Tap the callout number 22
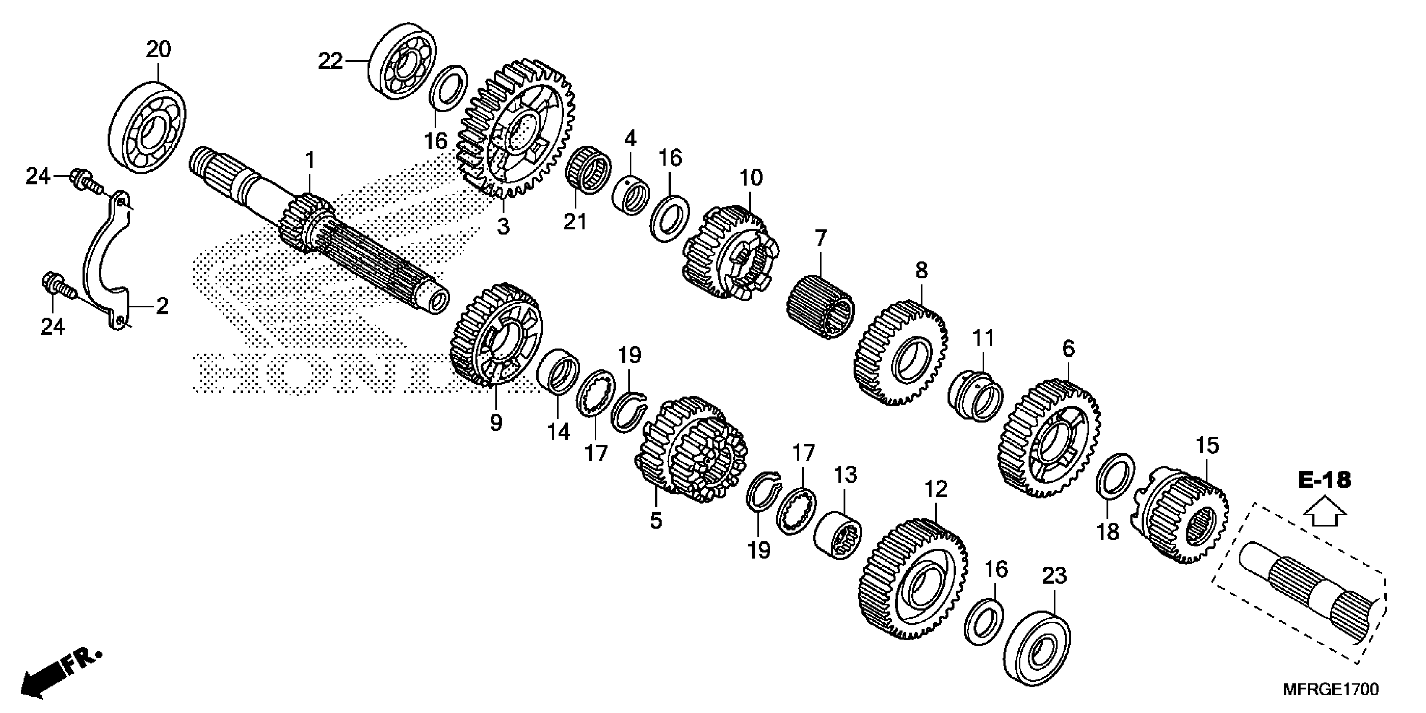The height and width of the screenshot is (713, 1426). (330, 62)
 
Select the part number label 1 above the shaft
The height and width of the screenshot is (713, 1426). (310, 161)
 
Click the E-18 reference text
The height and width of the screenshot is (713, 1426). (1324, 480)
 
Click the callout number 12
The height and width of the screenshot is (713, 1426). (936, 489)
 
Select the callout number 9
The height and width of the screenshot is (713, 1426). (496, 423)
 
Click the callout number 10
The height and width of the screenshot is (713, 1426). (751, 178)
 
